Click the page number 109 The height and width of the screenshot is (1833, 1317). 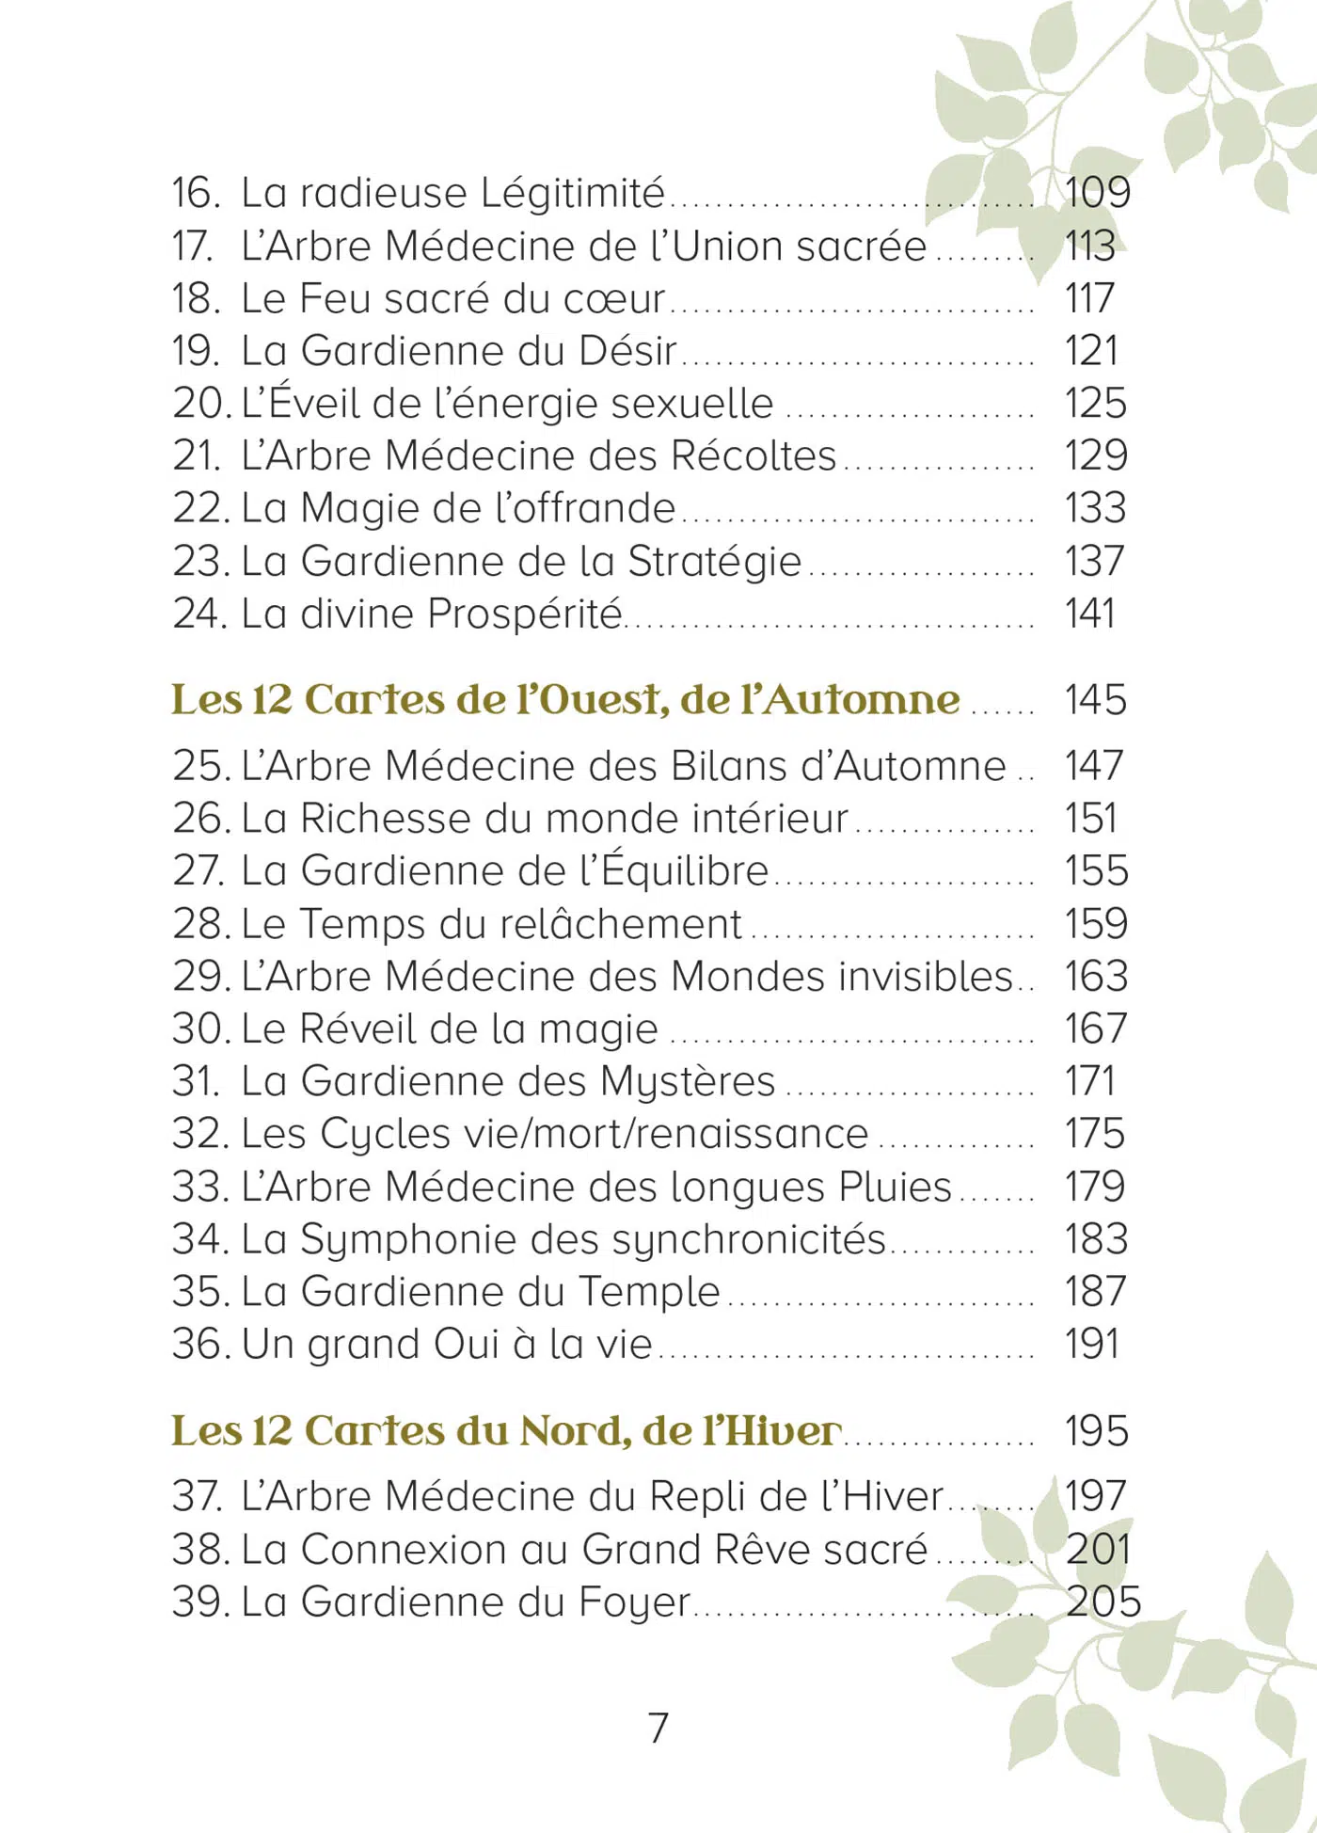tap(1097, 193)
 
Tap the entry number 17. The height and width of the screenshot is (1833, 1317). tap(192, 247)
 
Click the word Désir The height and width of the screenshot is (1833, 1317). tap(627, 351)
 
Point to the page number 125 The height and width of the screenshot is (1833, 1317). tap(1095, 404)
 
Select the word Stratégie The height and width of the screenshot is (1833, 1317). tap(714, 562)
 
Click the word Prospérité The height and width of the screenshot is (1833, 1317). tap(525, 614)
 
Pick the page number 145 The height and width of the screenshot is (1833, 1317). tap(1095, 701)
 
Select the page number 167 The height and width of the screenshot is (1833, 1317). tap(1095, 1028)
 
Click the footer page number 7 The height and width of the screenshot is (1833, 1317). tap(658, 1728)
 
